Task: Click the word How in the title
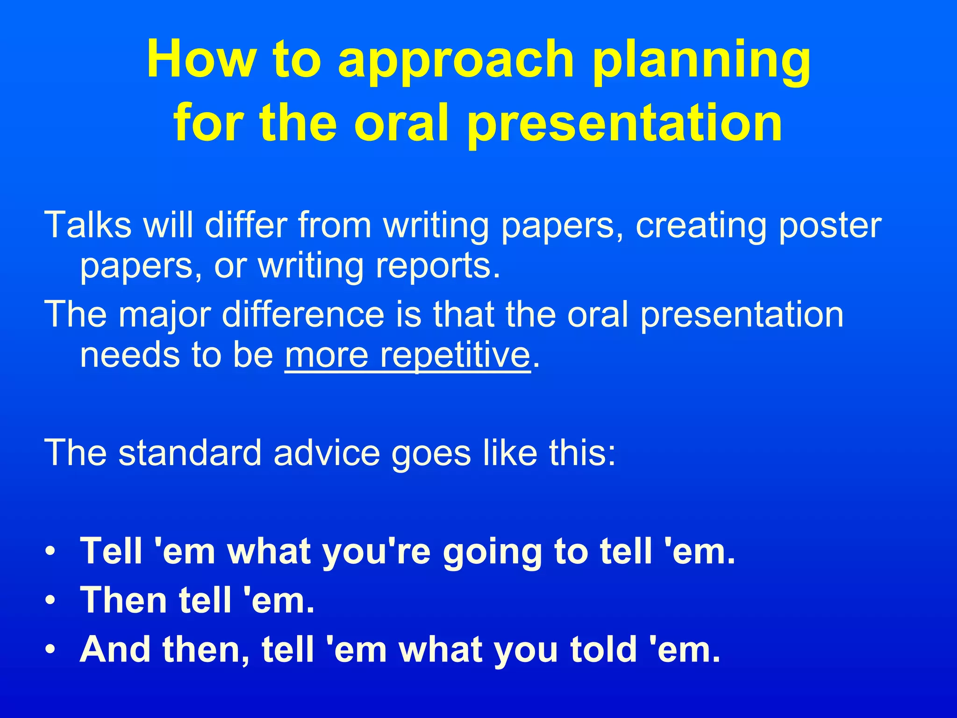coord(201,59)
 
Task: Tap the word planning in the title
coord(701,63)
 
